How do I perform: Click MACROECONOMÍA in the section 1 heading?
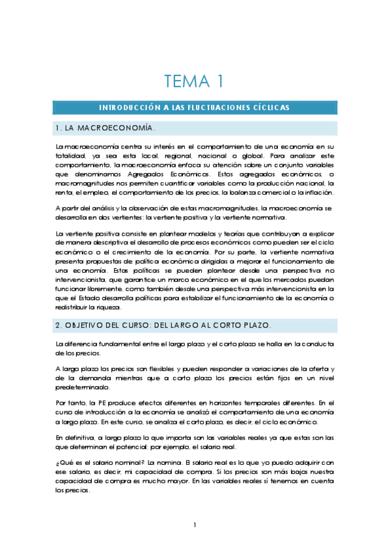pos(117,128)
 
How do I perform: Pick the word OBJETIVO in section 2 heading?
pos(89,324)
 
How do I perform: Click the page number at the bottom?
pos(195,525)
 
